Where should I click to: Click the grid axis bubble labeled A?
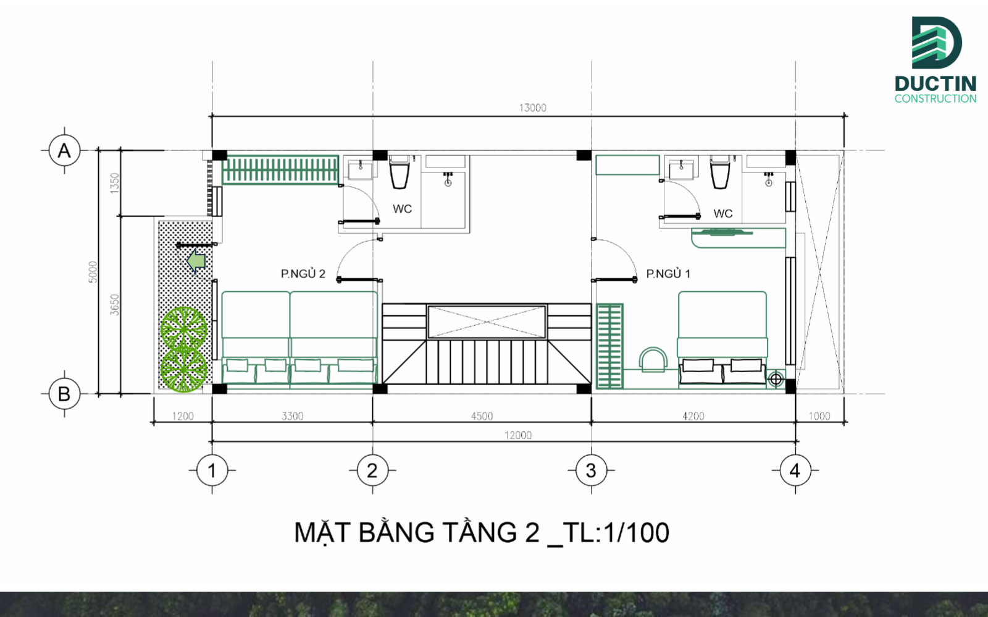(x=64, y=150)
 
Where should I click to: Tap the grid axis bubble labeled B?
(x=64, y=394)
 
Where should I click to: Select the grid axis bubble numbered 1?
(x=212, y=471)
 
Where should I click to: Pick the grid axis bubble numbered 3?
(x=591, y=471)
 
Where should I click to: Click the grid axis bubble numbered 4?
(x=795, y=471)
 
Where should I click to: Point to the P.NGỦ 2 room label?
(x=303, y=274)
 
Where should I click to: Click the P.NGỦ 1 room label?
(x=668, y=274)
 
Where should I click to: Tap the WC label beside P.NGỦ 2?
(x=402, y=209)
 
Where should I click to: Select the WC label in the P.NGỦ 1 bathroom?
(x=723, y=214)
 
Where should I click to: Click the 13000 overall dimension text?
(x=532, y=108)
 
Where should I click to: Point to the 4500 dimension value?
(x=482, y=416)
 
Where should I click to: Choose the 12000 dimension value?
(x=517, y=435)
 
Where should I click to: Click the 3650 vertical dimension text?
(x=115, y=304)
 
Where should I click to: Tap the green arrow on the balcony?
(x=196, y=261)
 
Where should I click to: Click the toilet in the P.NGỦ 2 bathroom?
(x=400, y=172)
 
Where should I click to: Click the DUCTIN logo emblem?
(x=936, y=43)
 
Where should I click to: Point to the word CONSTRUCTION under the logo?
(x=935, y=99)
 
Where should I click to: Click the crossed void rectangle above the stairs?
(x=487, y=321)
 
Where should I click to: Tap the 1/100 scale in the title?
(x=637, y=533)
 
